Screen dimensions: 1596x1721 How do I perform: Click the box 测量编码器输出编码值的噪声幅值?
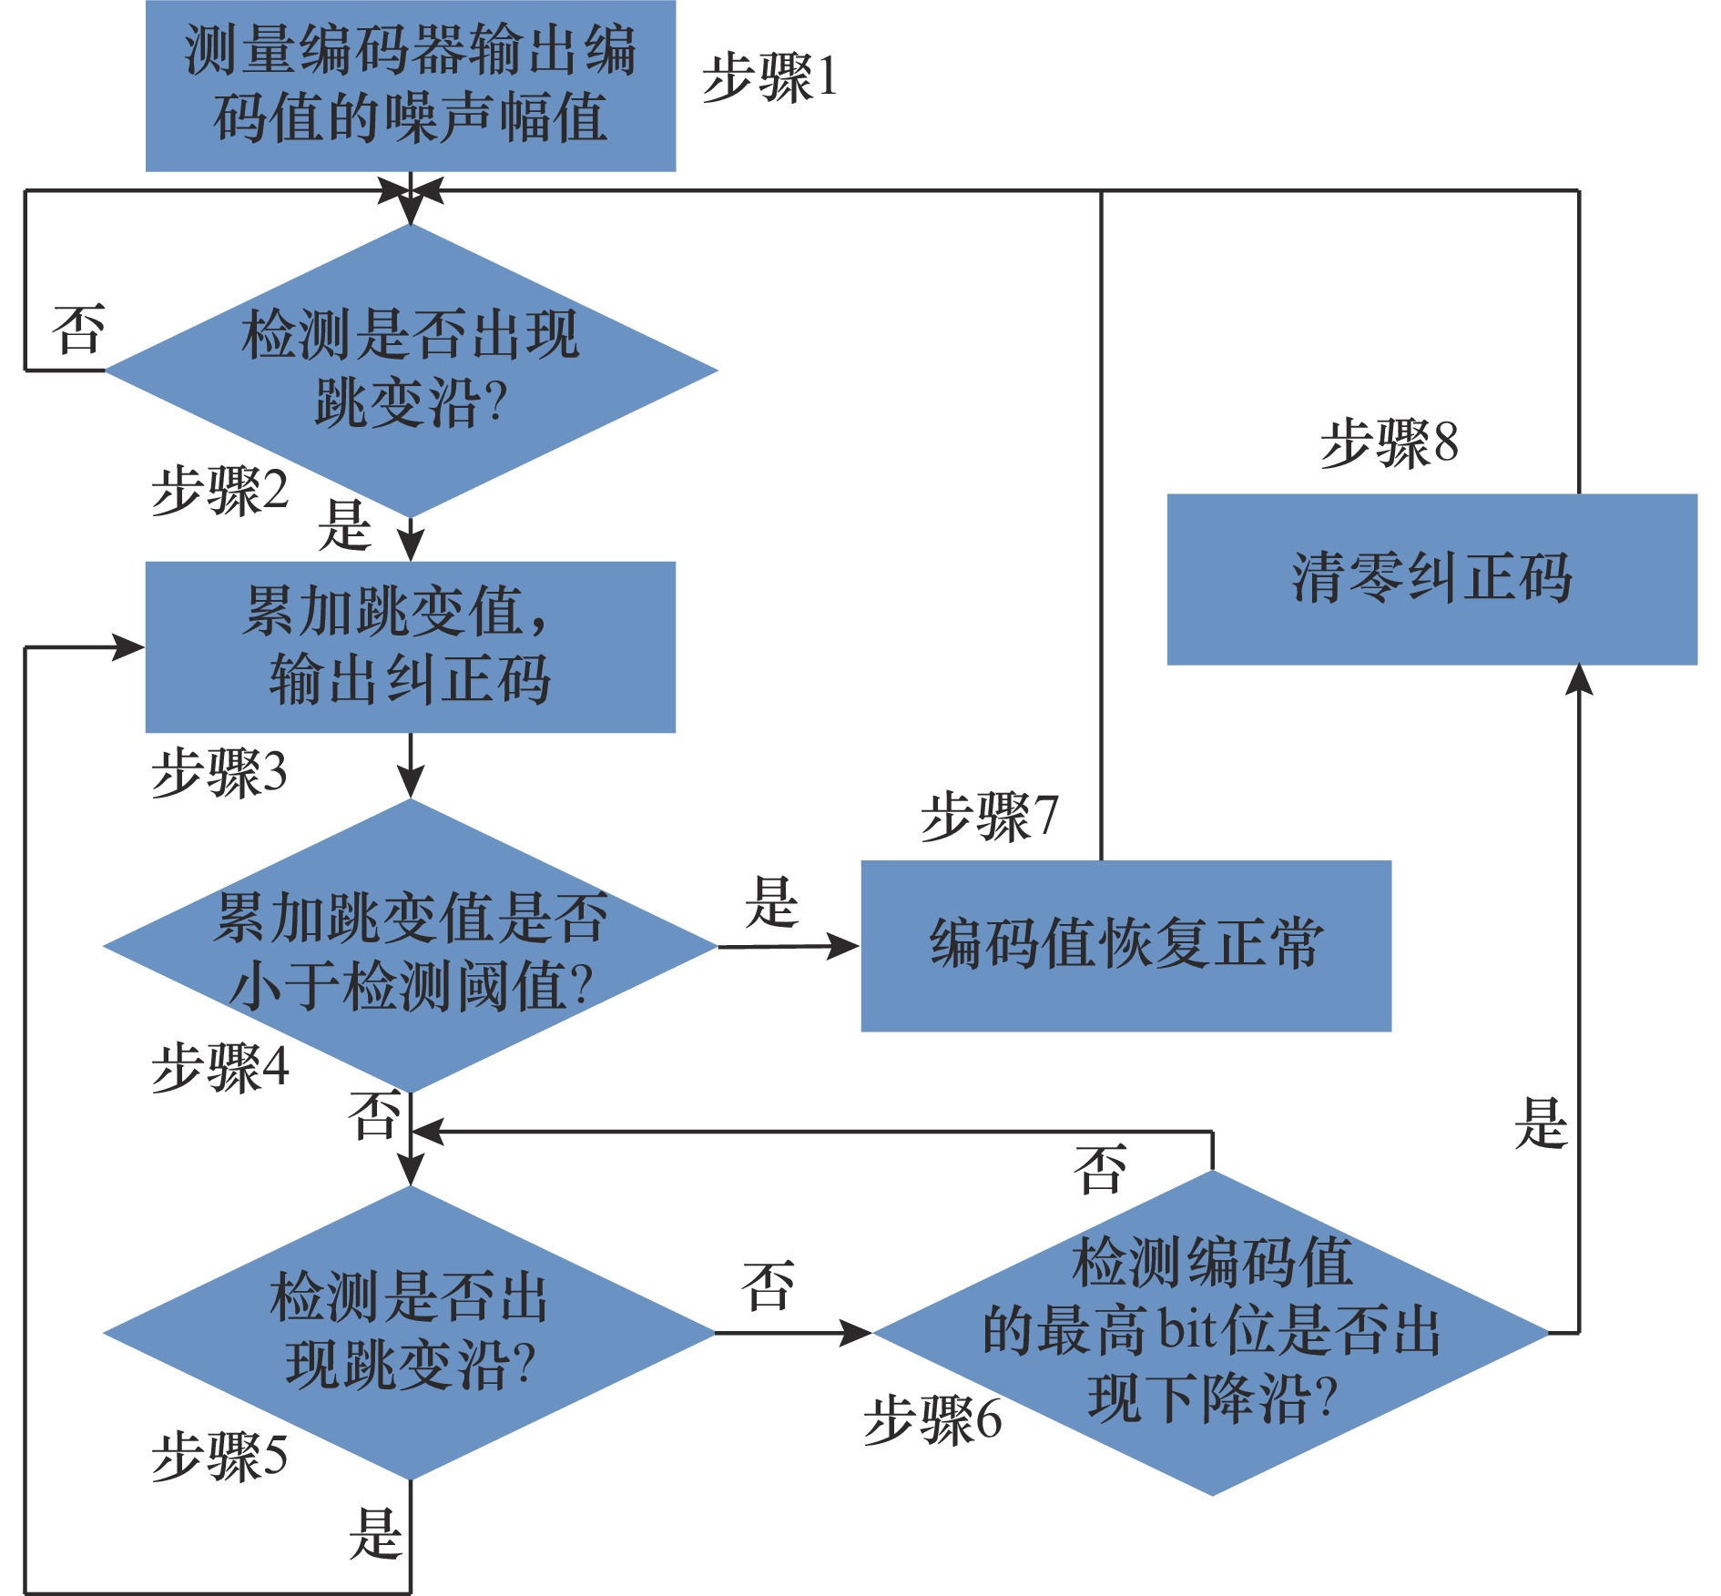coord(410,85)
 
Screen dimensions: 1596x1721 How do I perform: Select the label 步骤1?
coord(769,77)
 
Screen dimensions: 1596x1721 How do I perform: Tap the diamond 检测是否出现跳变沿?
coord(411,371)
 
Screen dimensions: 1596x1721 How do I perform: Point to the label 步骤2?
coord(219,491)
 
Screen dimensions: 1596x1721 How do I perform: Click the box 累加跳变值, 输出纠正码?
coord(410,646)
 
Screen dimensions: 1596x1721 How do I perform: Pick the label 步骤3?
coord(219,773)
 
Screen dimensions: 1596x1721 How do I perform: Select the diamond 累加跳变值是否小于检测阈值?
coord(411,946)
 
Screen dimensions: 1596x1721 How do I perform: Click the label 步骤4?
coord(219,1067)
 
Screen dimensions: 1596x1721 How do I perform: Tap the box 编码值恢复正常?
coord(1125,945)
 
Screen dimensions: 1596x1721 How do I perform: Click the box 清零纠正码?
coord(1431,579)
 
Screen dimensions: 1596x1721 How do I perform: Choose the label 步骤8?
coord(1389,443)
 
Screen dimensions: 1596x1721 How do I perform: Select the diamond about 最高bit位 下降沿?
coord(1211,1332)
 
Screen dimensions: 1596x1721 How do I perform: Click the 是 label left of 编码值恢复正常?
coord(771,903)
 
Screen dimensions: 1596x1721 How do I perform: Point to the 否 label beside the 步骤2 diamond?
coord(78,330)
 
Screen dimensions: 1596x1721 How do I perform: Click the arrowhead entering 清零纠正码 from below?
coord(1578,678)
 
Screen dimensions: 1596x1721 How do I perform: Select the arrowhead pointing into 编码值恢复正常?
coord(845,946)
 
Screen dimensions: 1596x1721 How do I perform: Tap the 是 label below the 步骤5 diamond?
coord(375,1534)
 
